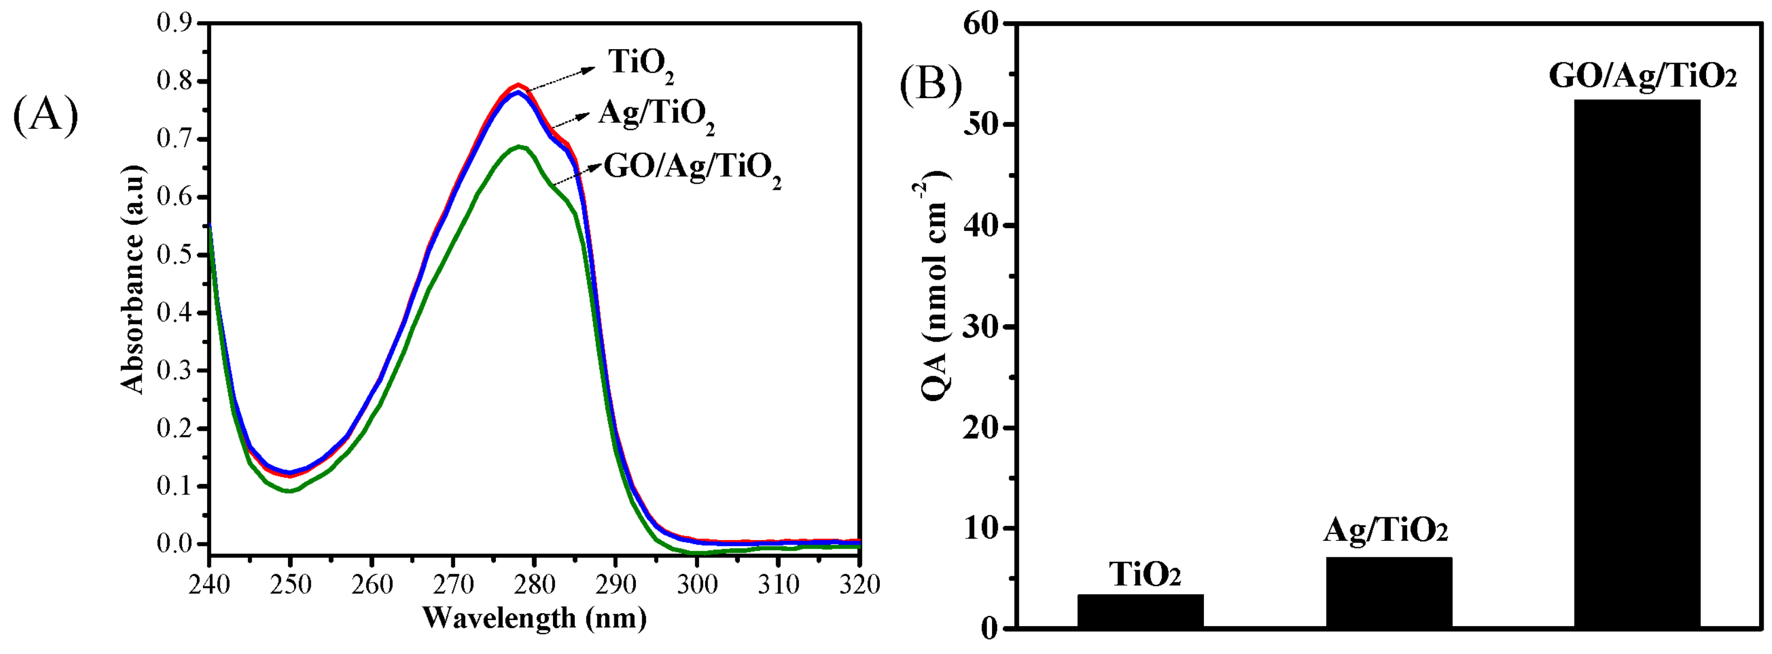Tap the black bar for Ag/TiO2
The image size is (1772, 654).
click(1389, 592)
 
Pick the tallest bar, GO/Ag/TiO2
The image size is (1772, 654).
click(1637, 364)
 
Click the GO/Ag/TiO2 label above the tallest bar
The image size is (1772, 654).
click(1643, 76)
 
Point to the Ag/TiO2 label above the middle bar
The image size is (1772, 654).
click(1386, 531)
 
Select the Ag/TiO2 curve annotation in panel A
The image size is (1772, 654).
click(656, 116)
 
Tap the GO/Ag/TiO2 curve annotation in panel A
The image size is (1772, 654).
click(692, 169)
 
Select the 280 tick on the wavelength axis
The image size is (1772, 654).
click(535, 584)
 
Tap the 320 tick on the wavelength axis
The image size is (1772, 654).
click(859, 584)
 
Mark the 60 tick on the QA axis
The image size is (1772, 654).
click(981, 23)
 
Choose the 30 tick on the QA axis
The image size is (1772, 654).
click(981, 326)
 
